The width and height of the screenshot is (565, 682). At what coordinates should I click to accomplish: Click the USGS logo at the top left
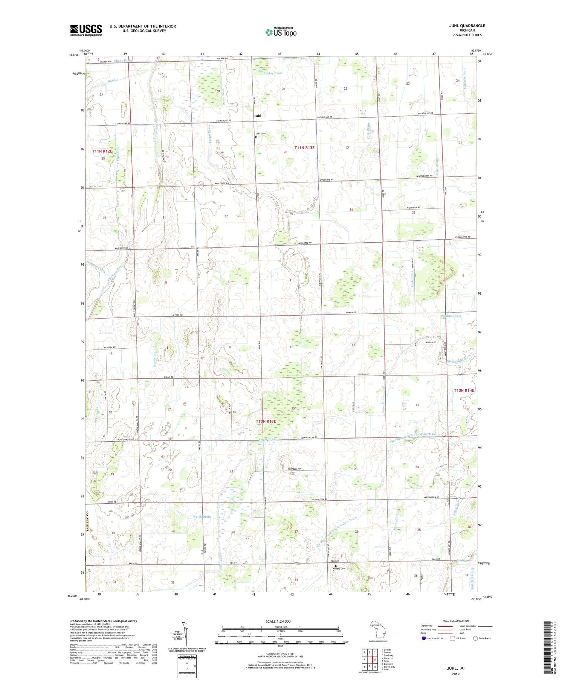pyautogui.click(x=86, y=30)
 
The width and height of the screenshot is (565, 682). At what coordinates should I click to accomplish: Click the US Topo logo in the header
pyautogui.click(x=281, y=32)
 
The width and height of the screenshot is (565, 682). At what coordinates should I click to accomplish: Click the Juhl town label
pyautogui.click(x=258, y=116)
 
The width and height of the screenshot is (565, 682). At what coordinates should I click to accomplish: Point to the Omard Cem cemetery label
pyautogui.click(x=340, y=568)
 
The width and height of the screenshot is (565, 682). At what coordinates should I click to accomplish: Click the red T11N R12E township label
pyautogui.click(x=102, y=151)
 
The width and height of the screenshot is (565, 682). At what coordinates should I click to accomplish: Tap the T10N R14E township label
pyautogui.click(x=464, y=390)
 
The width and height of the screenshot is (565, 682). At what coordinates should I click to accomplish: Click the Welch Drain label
pyautogui.click(x=201, y=516)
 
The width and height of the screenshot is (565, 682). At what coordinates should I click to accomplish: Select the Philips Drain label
pyautogui.click(x=451, y=316)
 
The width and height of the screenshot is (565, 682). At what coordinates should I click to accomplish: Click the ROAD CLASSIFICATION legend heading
pyautogui.click(x=456, y=621)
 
